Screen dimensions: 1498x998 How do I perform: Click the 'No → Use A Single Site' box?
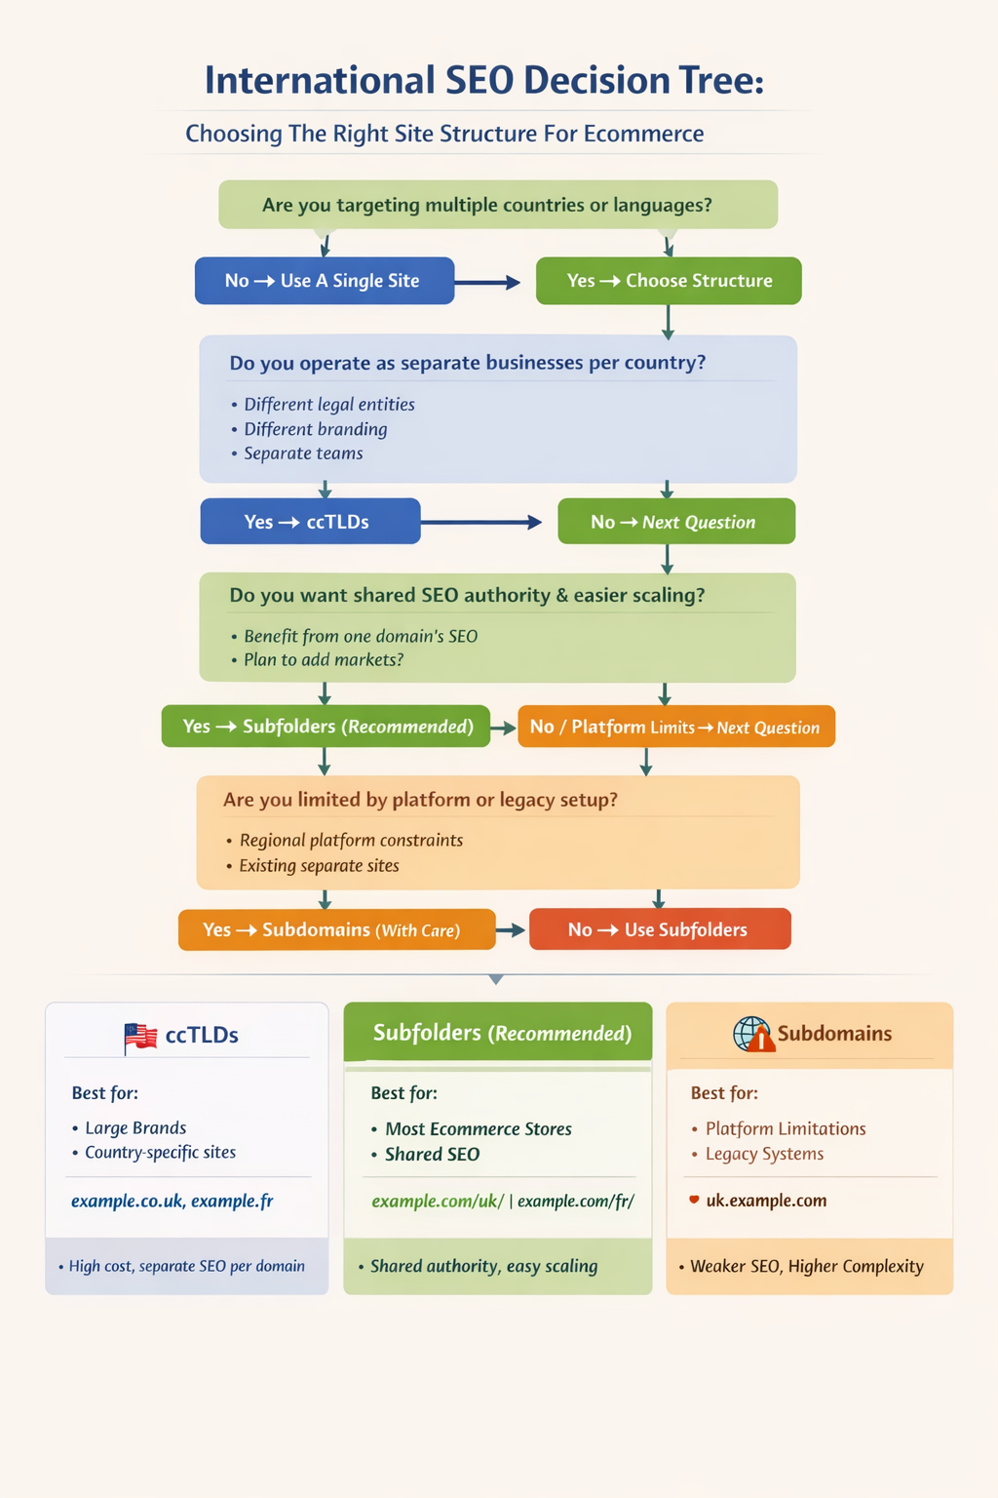pos(325,281)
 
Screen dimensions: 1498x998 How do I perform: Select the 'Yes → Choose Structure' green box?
pos(669,281)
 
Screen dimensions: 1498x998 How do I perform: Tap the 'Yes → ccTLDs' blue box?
pos(310,522)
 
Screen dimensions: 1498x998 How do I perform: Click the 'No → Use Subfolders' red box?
pos(660,929)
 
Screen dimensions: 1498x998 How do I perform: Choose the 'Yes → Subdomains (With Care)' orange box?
pos(336,930)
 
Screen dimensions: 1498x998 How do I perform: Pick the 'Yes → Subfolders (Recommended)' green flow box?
pos(326,727)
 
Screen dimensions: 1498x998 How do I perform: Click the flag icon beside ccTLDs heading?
pos(141,1036)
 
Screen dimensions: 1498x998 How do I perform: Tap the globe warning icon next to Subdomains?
pos(753,1035)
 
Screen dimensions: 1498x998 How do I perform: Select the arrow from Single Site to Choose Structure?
pos(487,283)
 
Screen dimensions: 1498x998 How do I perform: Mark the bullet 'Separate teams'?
pos(303,453)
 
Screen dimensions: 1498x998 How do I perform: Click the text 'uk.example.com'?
pos(766,1201)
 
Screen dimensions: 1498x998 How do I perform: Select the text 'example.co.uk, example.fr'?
pos(172,1202)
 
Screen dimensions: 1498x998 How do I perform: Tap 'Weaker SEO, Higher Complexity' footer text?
pos(806,1266)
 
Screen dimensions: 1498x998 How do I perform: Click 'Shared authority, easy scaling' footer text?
pos(483,1266)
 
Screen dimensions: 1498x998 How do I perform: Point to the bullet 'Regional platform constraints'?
pos(351,841)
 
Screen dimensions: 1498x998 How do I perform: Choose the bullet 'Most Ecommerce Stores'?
pos(478,1129)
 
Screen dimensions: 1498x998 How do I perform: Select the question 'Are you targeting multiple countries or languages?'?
pos(487,205)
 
